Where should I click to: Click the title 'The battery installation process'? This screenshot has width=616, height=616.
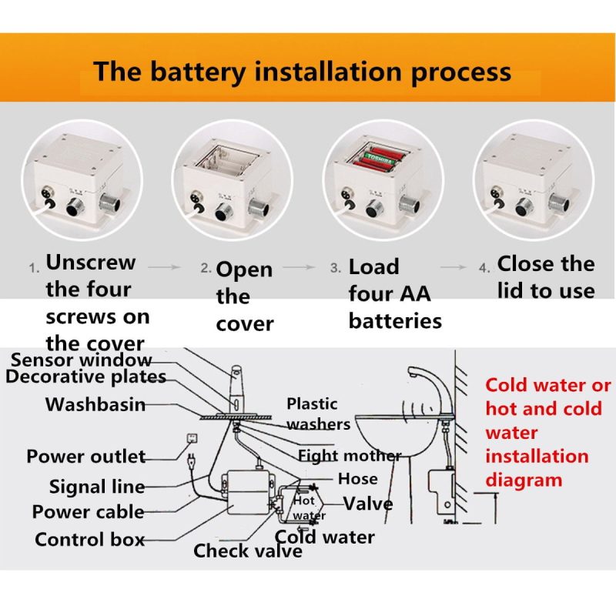[x=302, y=72]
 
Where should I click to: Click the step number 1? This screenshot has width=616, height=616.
[x=34, y=269]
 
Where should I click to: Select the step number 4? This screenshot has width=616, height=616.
[x=484, y=269]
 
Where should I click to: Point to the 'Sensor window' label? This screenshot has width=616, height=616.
[x=82, y=360]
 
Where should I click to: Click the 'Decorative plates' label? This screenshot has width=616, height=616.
[x=85, y=377]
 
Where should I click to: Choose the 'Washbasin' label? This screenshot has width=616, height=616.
[x=95, y=404]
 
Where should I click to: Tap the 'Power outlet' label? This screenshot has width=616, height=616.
[x=85, y=457]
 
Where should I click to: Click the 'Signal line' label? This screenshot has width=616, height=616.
[x=96, y=487]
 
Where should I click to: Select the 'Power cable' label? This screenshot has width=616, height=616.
[x=88, y=512]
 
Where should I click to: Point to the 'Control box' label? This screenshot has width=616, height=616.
[x=89, y=540]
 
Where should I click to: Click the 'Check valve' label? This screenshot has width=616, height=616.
[x=248, y=551]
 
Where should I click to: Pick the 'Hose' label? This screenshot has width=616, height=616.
[x=357, y=479]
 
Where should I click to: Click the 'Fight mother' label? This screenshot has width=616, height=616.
[x=349, y=456]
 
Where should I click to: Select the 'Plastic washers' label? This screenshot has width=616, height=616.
[x=316, y=413]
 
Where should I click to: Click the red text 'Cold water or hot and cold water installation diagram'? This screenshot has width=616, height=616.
[x=547, y=432]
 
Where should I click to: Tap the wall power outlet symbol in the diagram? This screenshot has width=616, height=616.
[x=187, y=442]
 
